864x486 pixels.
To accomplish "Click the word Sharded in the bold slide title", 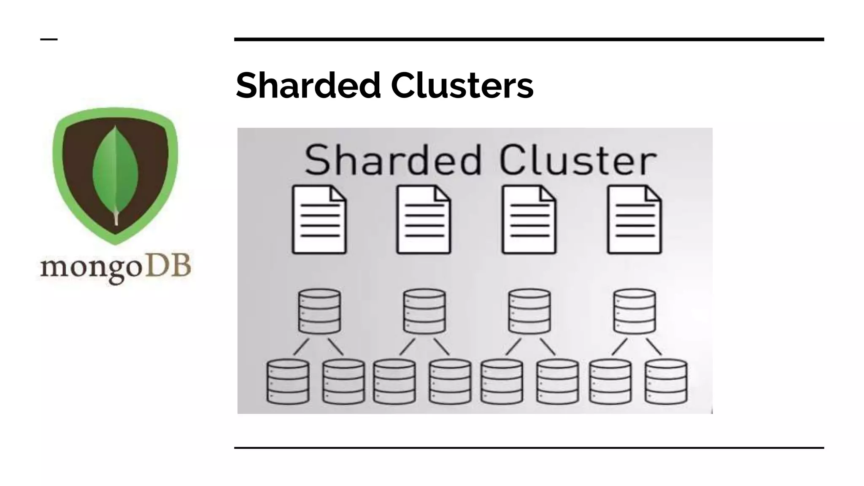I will point(308,86).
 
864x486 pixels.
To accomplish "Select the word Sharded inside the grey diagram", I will point(392,160).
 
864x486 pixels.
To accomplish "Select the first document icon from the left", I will point(319,220).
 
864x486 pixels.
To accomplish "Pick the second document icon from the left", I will point(424,220).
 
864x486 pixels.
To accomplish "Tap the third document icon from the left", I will point(529,220).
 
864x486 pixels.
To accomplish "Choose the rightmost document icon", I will point(634,220).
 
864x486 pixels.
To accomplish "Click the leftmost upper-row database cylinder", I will point(319,311).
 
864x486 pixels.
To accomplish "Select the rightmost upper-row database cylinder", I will point(634,311).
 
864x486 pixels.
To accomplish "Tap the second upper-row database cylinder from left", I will point(424,311).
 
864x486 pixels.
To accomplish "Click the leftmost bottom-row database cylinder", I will point(288,381).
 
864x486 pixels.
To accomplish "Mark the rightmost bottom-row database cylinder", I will point(666,381).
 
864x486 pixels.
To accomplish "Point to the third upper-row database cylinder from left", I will point(529,311).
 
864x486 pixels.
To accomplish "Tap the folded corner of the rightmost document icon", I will point(653,194).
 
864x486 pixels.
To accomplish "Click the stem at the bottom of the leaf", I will point(116,219).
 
